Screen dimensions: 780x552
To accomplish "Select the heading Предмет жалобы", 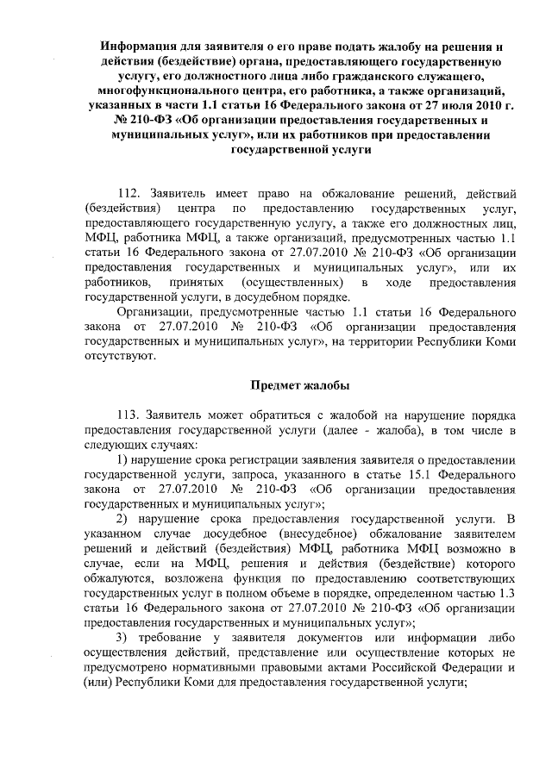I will click(x=300, y=384).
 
